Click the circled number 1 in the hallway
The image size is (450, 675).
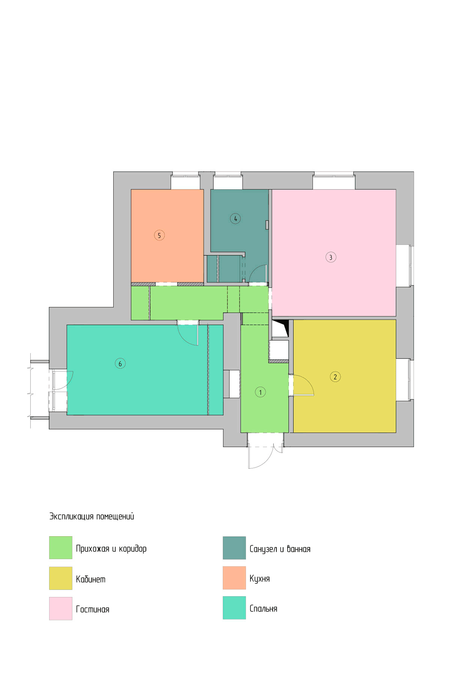[x=260, y=392]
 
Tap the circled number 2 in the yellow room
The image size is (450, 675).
[x=335, y=377]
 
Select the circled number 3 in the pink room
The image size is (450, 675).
[x=331, y=257]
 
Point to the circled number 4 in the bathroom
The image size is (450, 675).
[x=235, y=219]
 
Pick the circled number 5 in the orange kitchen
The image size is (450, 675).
[x=159, y=235]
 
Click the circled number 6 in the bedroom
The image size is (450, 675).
[x=120, y=363]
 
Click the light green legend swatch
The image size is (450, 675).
[x=61, y=547]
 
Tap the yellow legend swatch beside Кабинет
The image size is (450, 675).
[x=61, y=578]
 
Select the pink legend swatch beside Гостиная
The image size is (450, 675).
[x=61, y=608]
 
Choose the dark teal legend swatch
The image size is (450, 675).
[x=234, y=547]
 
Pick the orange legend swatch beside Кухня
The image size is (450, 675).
[x=234, y=577]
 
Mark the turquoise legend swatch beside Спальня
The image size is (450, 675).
[x=234, y=607]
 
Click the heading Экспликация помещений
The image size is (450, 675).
[x=91, y=516]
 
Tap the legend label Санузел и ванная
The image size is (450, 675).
[x=280, y=549]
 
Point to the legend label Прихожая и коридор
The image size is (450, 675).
[x=111, y=549]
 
